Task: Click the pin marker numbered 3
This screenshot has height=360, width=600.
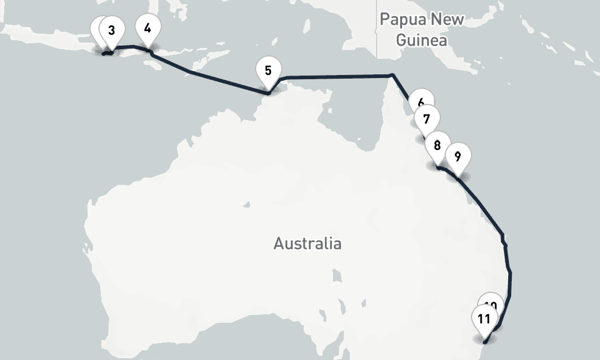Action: [x=112, y=31]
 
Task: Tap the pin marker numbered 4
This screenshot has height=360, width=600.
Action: [x=148, y=28]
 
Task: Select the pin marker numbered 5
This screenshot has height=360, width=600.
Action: [x=268, y=71]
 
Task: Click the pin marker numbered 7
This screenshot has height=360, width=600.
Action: [x=427, y=118]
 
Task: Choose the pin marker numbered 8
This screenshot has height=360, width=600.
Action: [x=437, y=145]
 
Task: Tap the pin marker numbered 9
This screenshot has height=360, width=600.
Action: [x=458, y=157]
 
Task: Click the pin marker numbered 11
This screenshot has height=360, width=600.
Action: [x=485, y=319]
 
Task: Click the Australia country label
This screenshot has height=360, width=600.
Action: [x=307, y=244]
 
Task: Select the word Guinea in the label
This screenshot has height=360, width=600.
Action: [x=421, y=41]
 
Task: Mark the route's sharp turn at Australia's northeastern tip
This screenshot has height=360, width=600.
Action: [x=392, y=75]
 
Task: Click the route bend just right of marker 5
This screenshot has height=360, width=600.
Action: [x=281, y=77]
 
